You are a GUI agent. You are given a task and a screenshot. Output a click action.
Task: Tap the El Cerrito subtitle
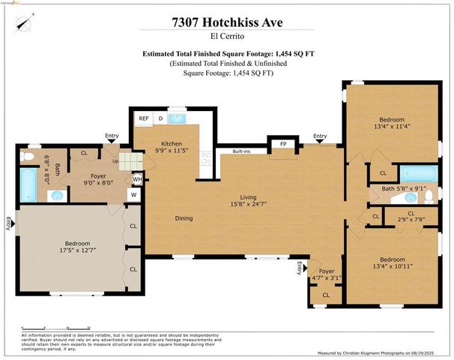[226, 37]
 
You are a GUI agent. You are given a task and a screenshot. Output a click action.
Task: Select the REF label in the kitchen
[143, 118]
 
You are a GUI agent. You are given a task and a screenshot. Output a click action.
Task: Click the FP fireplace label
[283, 142]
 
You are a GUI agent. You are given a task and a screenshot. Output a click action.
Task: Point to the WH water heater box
[137, 179]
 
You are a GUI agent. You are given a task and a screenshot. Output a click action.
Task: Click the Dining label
[184, 218]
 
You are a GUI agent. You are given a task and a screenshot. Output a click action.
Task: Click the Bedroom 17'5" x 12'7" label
[77, 247]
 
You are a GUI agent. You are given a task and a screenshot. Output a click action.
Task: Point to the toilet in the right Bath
[429, 196]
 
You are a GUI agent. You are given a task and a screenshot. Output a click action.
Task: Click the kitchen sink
[178, 118]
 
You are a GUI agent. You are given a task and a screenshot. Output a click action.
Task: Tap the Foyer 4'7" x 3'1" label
[326, 274]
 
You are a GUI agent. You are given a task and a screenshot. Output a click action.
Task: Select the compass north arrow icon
[25, 26]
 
